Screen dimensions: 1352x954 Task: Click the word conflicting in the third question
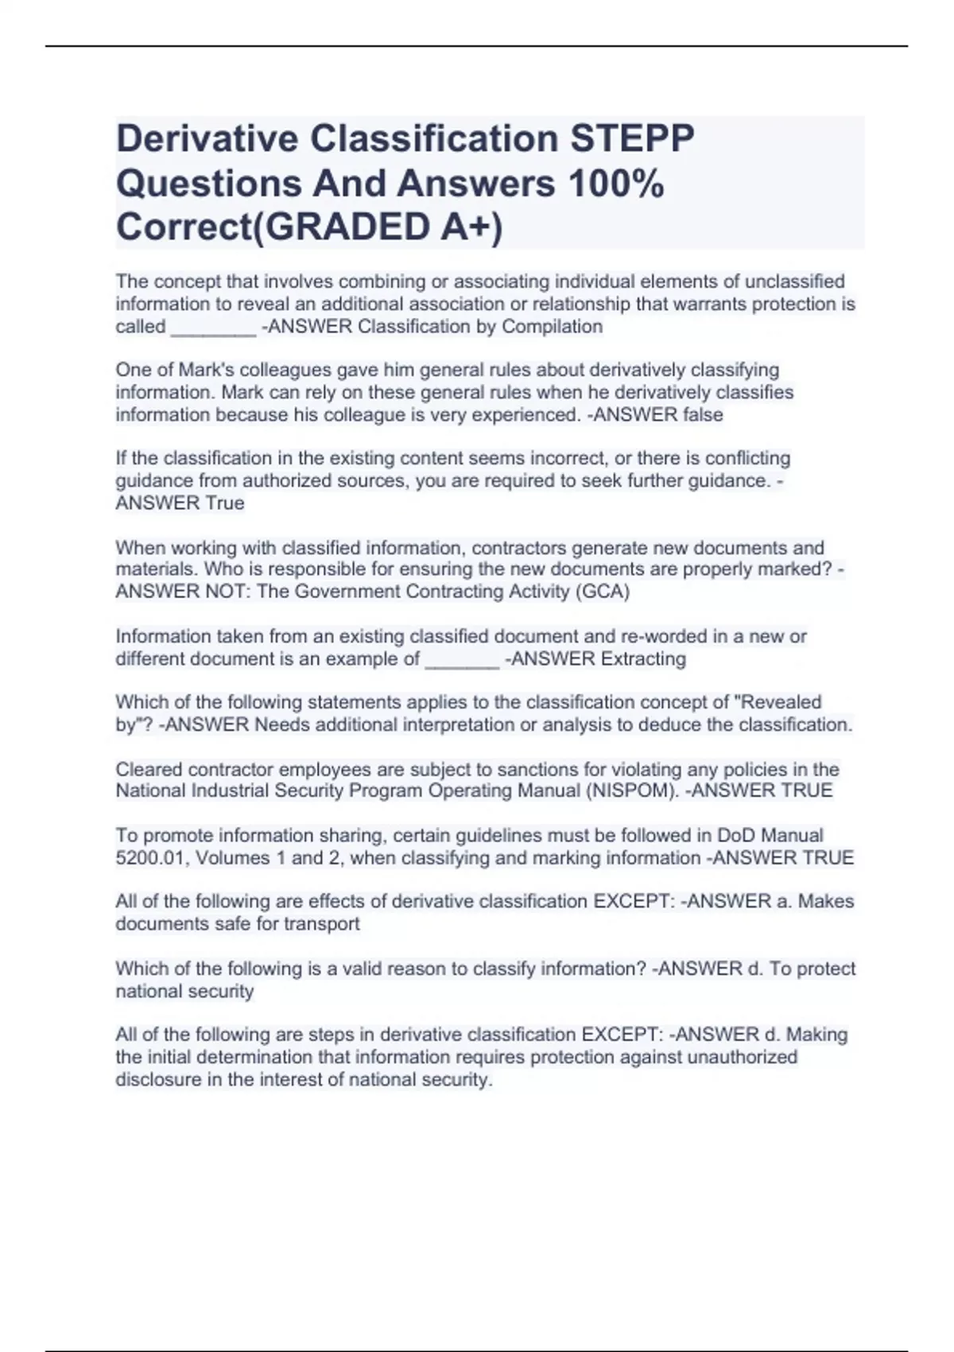tap(746, 458)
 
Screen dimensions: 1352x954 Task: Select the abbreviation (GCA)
tap(605, 592)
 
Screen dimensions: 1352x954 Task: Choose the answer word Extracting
tap(643, 659)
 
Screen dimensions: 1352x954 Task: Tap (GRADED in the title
tap(341, 227)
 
